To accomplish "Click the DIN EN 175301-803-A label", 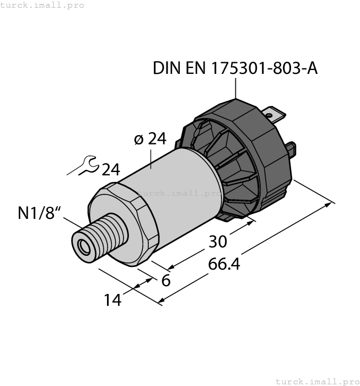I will point(235,68).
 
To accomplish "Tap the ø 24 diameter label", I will point(150,139).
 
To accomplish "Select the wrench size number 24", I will point(110,169).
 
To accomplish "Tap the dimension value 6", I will point(165,280).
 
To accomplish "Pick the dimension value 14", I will point(112,300).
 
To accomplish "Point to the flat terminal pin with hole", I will point(275,116).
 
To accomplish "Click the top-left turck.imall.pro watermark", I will point(42,5).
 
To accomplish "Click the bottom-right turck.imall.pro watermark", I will point(316,381).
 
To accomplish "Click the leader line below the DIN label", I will point(235,88).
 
